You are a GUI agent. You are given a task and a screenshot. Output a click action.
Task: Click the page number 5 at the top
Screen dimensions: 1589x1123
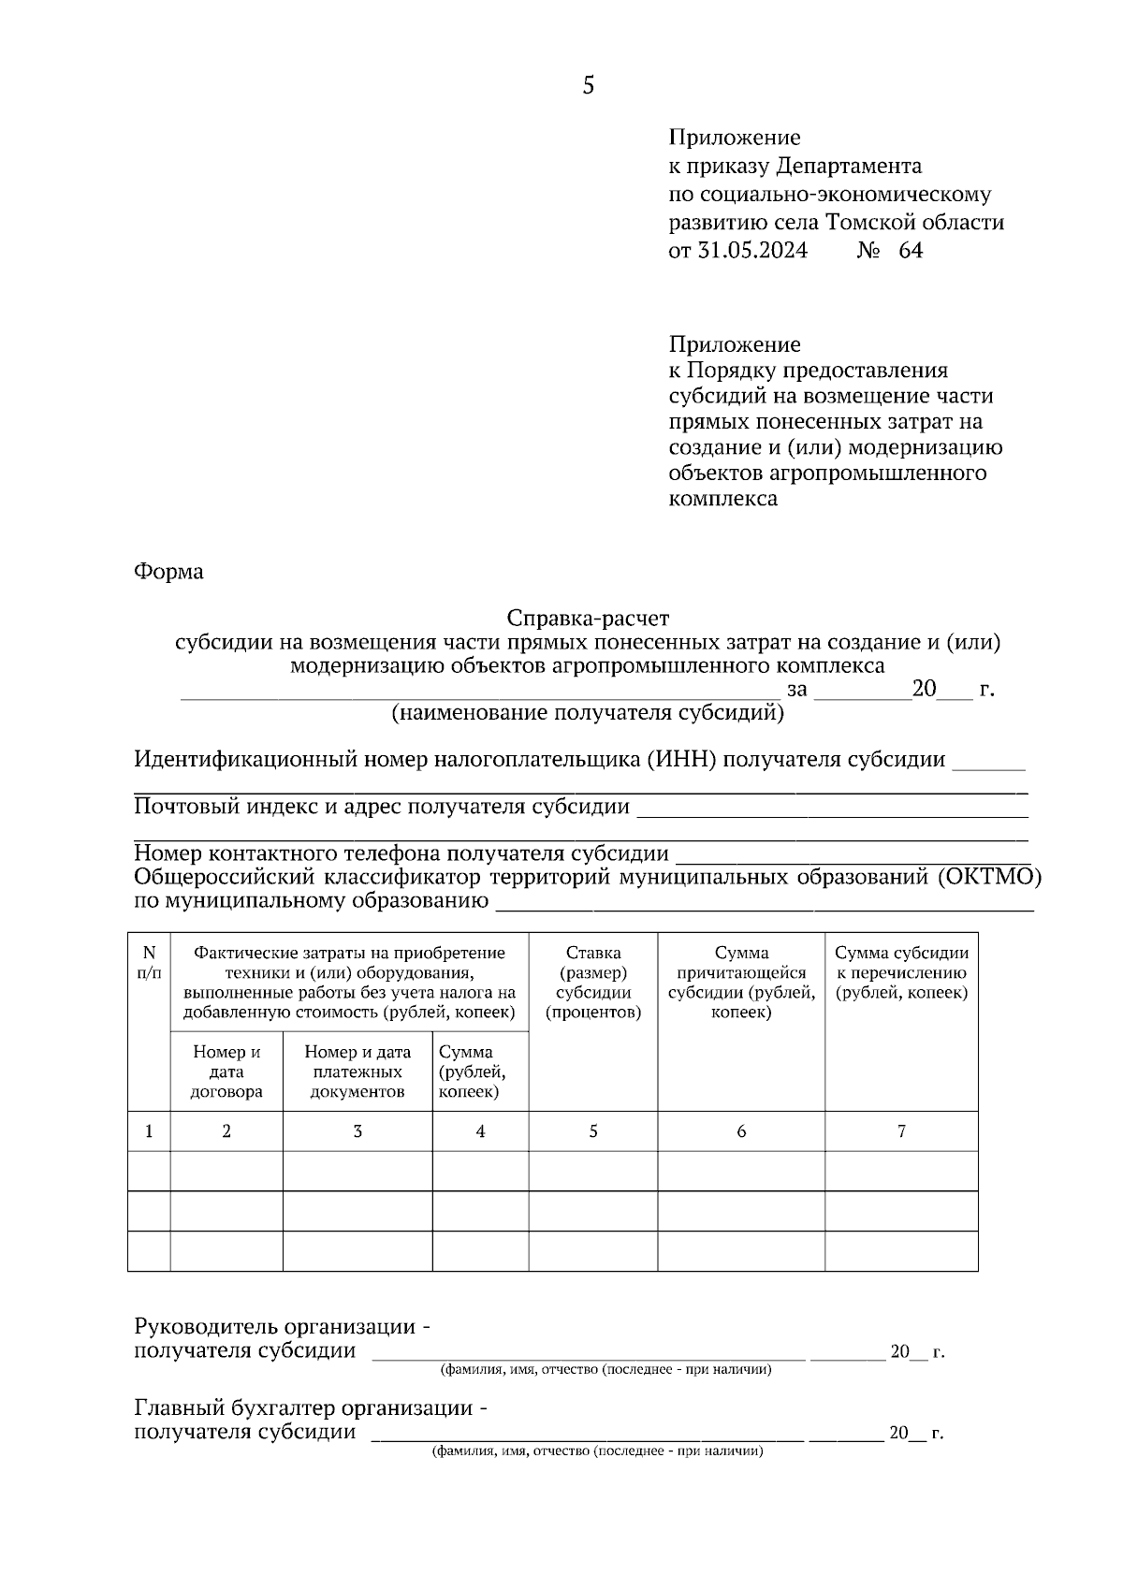point(588,86)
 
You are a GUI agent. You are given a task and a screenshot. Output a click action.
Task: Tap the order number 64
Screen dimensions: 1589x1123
point(911,251)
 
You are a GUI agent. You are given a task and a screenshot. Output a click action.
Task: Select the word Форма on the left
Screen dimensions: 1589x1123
point(168,571)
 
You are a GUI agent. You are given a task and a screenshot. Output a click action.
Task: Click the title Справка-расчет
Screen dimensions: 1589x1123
point(588,619)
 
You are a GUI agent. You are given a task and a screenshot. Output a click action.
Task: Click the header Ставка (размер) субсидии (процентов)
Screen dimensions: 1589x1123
point(593,983)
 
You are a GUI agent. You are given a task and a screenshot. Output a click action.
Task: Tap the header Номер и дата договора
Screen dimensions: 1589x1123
point(226,1071)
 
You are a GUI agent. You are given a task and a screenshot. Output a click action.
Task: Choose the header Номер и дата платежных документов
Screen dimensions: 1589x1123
point(357,1071)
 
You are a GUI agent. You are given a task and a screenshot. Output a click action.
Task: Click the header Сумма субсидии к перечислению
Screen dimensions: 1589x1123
point(901,972)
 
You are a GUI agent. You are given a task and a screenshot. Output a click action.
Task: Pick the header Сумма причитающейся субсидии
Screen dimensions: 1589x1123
point(741,983)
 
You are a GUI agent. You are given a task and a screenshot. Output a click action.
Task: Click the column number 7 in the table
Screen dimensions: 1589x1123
point(901,1131)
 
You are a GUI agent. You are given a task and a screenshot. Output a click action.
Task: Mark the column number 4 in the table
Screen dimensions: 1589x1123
point(480,1131)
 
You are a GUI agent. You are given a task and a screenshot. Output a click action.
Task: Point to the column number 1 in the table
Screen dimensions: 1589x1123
point(149,1131)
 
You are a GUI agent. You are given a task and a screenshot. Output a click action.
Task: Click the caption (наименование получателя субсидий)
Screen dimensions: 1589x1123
point(587,713)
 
